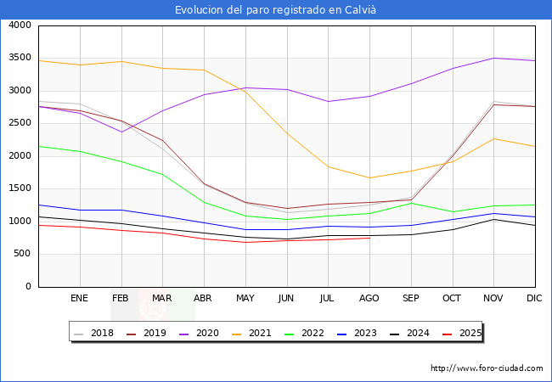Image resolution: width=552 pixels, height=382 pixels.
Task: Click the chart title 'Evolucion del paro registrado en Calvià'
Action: tap(276, 10)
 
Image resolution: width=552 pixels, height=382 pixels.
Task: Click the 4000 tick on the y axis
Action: tap(20, 25)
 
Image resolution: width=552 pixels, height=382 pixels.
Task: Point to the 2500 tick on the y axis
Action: tap(20, 123)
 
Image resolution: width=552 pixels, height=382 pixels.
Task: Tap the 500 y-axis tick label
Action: tap(22, 254)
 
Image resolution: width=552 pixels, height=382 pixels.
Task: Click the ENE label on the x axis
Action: tap(80, 299)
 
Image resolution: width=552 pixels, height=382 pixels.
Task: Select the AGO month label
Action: tap(369, 299)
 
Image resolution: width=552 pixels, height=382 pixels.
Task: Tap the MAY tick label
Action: tap(245, 299)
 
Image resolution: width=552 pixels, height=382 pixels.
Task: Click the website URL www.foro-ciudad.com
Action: tap(487, 368)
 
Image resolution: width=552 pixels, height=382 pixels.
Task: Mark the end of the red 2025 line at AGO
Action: tap(369, 238)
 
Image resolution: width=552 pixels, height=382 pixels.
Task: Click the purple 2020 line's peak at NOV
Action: tap(493, 58)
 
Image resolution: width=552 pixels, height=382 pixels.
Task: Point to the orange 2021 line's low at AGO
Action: tap(369, 177)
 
